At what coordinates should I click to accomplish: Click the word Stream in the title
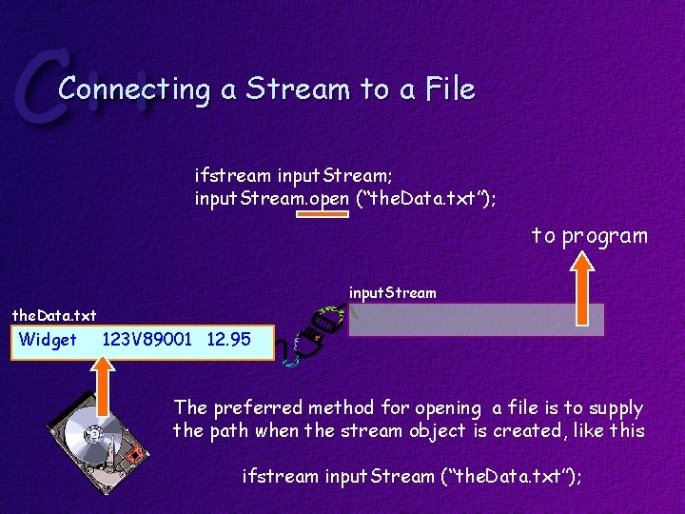(297, 89)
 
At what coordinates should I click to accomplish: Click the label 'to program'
(590, 235)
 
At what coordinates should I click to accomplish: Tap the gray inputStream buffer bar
(476, 320)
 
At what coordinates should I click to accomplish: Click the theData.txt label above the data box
(54, 315)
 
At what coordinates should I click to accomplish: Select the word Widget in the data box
(48, 340)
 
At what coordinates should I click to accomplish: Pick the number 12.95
(228, 340)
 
